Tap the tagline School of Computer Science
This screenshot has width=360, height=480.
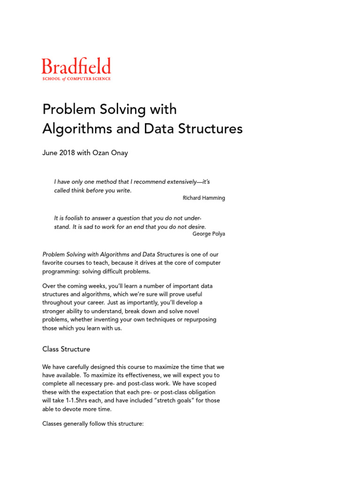76,79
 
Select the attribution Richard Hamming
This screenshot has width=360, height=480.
203,198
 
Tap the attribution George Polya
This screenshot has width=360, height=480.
209,234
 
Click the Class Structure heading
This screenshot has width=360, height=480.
66,349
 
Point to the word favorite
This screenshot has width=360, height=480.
53,263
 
